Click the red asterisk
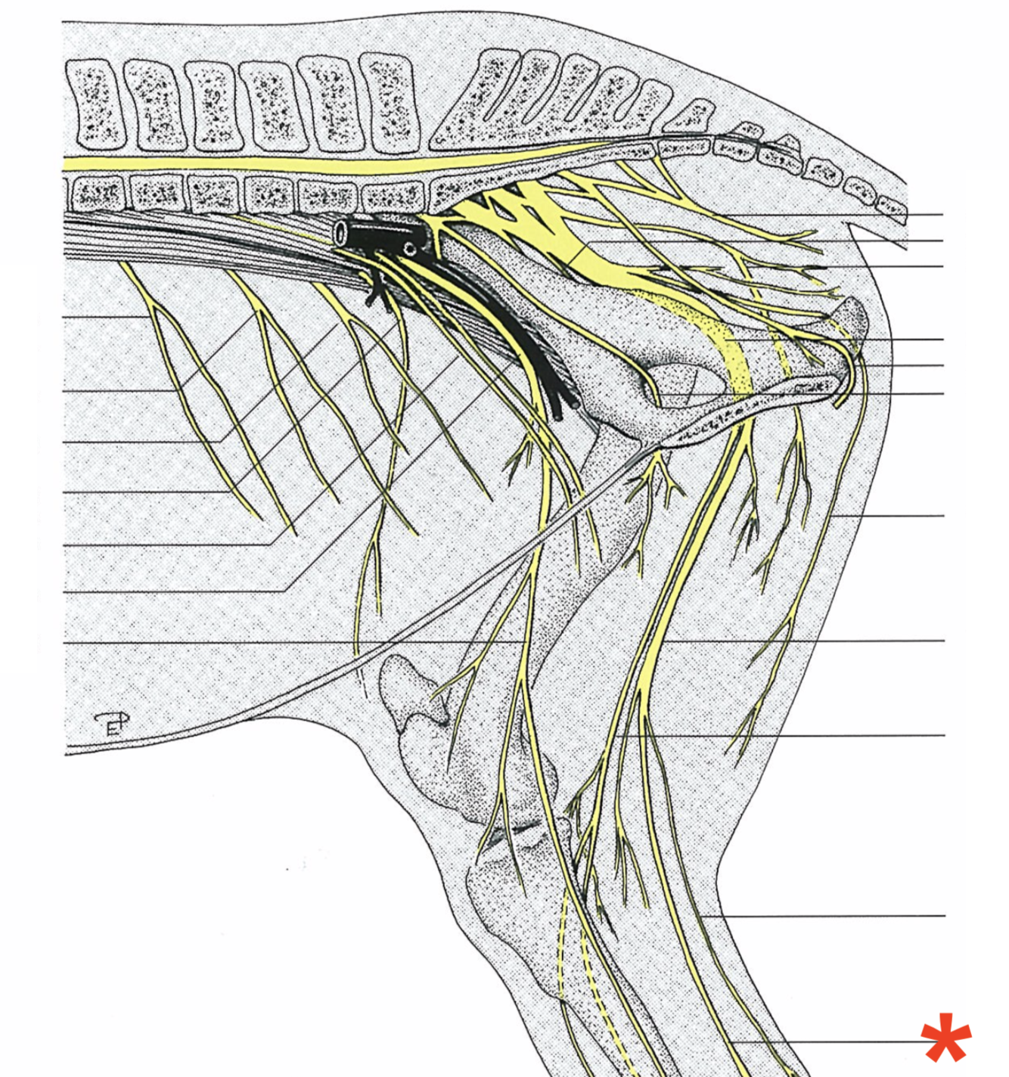coord(945,1038)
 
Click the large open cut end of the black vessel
coord(342,232)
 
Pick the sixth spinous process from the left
coord(387,101)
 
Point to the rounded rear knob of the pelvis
coord(855,318)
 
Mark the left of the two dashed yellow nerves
coord(561,945)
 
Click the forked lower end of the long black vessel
coord(563,405)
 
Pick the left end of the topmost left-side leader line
coord(65,317)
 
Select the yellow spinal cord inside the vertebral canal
coord(227,164)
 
